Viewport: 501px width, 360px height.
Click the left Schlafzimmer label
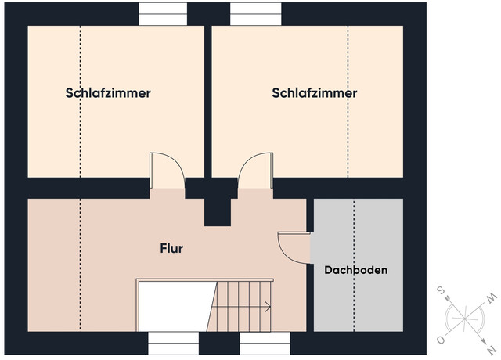107,93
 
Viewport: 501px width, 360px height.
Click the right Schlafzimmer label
315,93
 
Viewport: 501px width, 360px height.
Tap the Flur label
171,249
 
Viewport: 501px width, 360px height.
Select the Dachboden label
356,269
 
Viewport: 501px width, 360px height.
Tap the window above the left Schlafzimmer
163,13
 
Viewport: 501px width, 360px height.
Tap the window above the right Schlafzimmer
255,13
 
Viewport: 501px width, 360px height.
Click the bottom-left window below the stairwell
172,344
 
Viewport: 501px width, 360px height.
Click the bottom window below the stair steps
265,344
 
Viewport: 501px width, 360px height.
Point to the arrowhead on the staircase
269,307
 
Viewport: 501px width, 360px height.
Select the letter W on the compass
492,299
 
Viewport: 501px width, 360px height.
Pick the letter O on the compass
442,340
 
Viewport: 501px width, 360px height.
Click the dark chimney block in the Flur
216,207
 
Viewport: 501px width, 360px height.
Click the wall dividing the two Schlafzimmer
208,102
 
